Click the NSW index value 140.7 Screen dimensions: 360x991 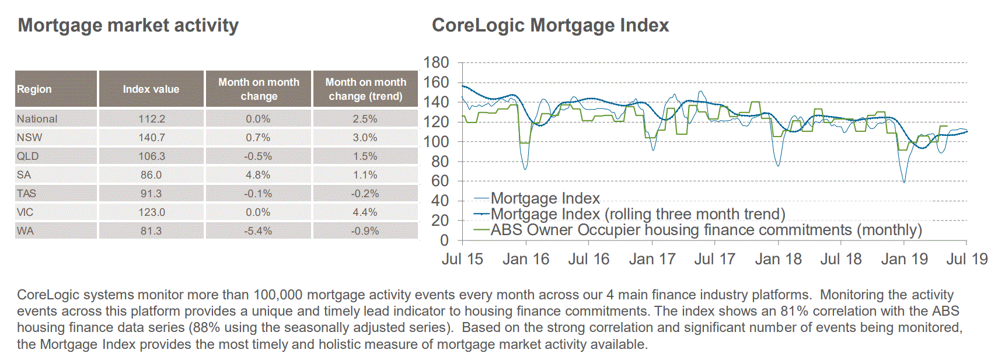[x=151, y=138]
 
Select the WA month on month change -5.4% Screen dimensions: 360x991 [x=258, y=231]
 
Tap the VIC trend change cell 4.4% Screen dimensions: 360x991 [x=365, y=212]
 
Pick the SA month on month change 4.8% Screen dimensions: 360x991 [x=258, y=175]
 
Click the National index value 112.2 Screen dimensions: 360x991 [x=151, y=119]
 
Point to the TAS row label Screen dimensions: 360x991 [x=26, y=194]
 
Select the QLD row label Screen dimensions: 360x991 [x=27, y=156]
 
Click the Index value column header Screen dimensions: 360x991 [x=151, y=89]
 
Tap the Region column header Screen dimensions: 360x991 [x=34, y=89]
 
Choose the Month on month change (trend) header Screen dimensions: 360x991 [x=365, y=89]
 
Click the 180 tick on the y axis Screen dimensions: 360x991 [x=436, y=62]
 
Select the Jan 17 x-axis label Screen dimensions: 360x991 [x=652, y=259]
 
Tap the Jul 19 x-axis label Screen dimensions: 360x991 [x=966, y=259]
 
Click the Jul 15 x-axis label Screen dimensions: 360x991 [x=462, y=259]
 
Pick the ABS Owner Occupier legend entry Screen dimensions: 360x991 [x=706, y=230]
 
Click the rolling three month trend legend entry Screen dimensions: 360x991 [x=637, y=214]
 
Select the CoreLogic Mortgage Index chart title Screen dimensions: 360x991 [x=550, y=25]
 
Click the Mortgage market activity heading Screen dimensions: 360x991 [x=128, y=25]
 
